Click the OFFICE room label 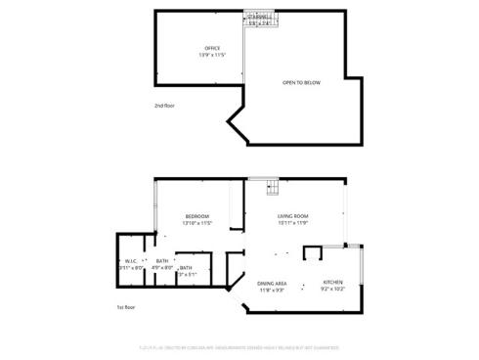pos(212,48)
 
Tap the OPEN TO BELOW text pos(301,82)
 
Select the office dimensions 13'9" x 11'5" pos(212,55)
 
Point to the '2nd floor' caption pos(165,105)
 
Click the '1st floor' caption pos(125,306)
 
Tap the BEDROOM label pos(197,216)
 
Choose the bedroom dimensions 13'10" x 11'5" pos(197,223)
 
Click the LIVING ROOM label pos(293,216)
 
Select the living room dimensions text pos(293,223)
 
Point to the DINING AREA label pos(272,283)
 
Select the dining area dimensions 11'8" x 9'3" pos(272,290)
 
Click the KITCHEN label pos(333,282)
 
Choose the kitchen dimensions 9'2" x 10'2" pos(333,289)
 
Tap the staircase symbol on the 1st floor pos(272,187)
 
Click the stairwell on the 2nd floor pos(257,19)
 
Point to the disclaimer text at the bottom pos(239,345)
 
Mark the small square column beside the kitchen pos(313,254)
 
